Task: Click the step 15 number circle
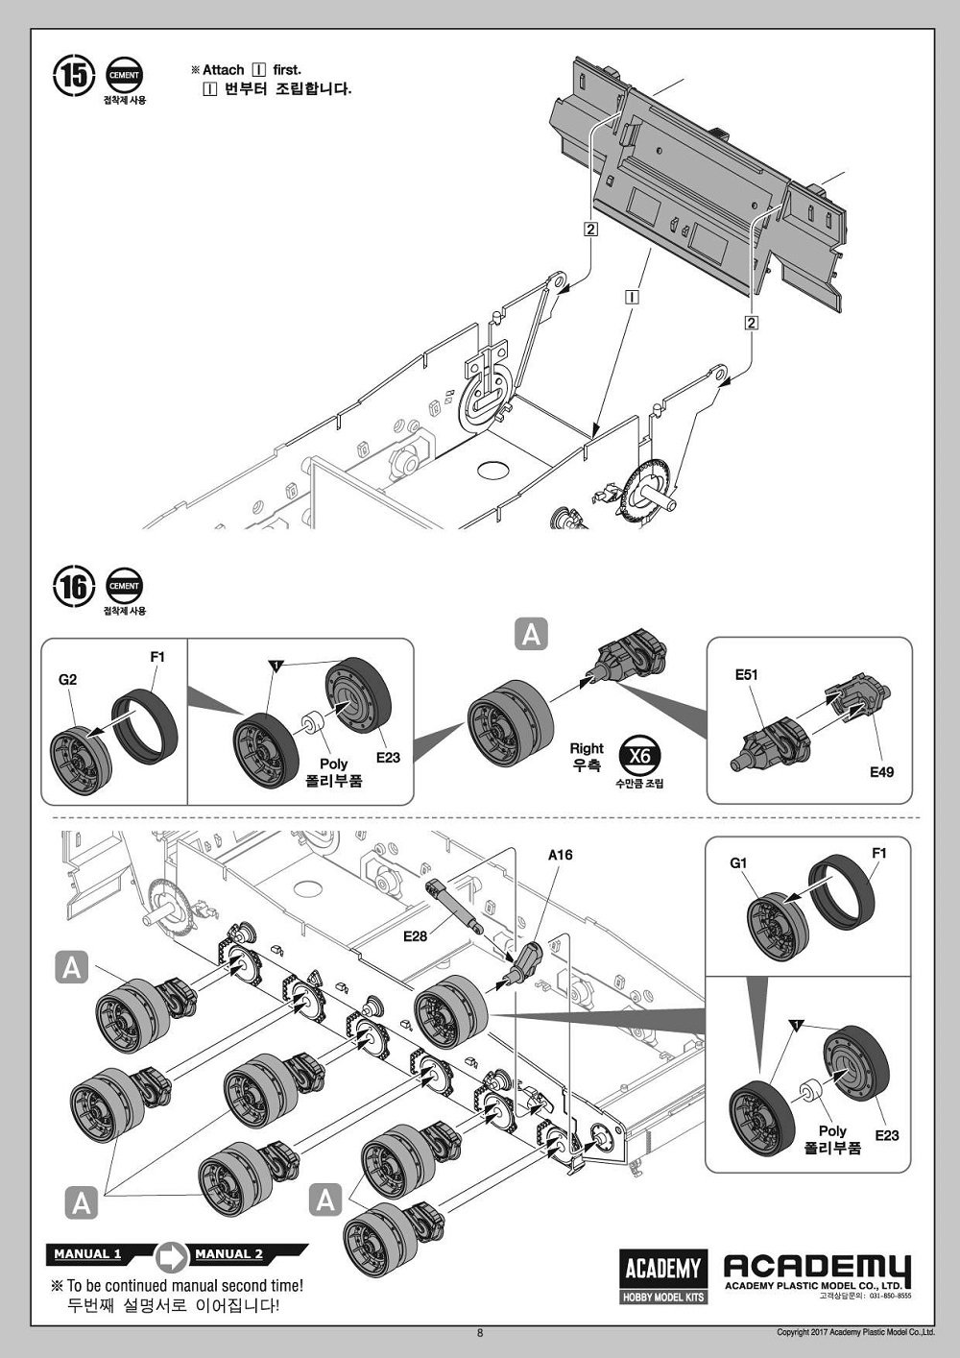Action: point(75,76)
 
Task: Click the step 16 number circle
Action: point(75,586)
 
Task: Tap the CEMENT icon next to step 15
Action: point(124,76)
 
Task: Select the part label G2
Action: point(68,680)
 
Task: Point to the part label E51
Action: point(746,675)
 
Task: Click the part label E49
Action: point(882,772)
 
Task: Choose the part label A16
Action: point(560,855)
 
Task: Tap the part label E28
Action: point(415,936)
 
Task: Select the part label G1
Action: point(738,862)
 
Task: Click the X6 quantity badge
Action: point(639,756)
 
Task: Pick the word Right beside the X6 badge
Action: point(587,748)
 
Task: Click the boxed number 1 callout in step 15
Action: point(632,297)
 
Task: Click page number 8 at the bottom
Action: point(480,1332)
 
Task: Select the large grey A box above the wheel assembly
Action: point(531,634)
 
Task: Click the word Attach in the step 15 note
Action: point(223,70)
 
